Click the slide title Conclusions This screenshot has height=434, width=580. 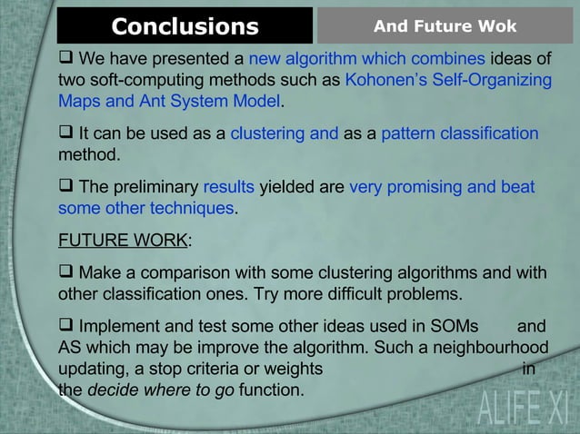185,26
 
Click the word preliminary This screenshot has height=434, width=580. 153,188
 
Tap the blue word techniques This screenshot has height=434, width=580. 190,208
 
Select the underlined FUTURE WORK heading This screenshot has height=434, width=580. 123,242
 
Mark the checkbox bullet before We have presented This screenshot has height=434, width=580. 66,60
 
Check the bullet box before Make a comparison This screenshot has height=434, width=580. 66,274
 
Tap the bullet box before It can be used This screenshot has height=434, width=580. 66,133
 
